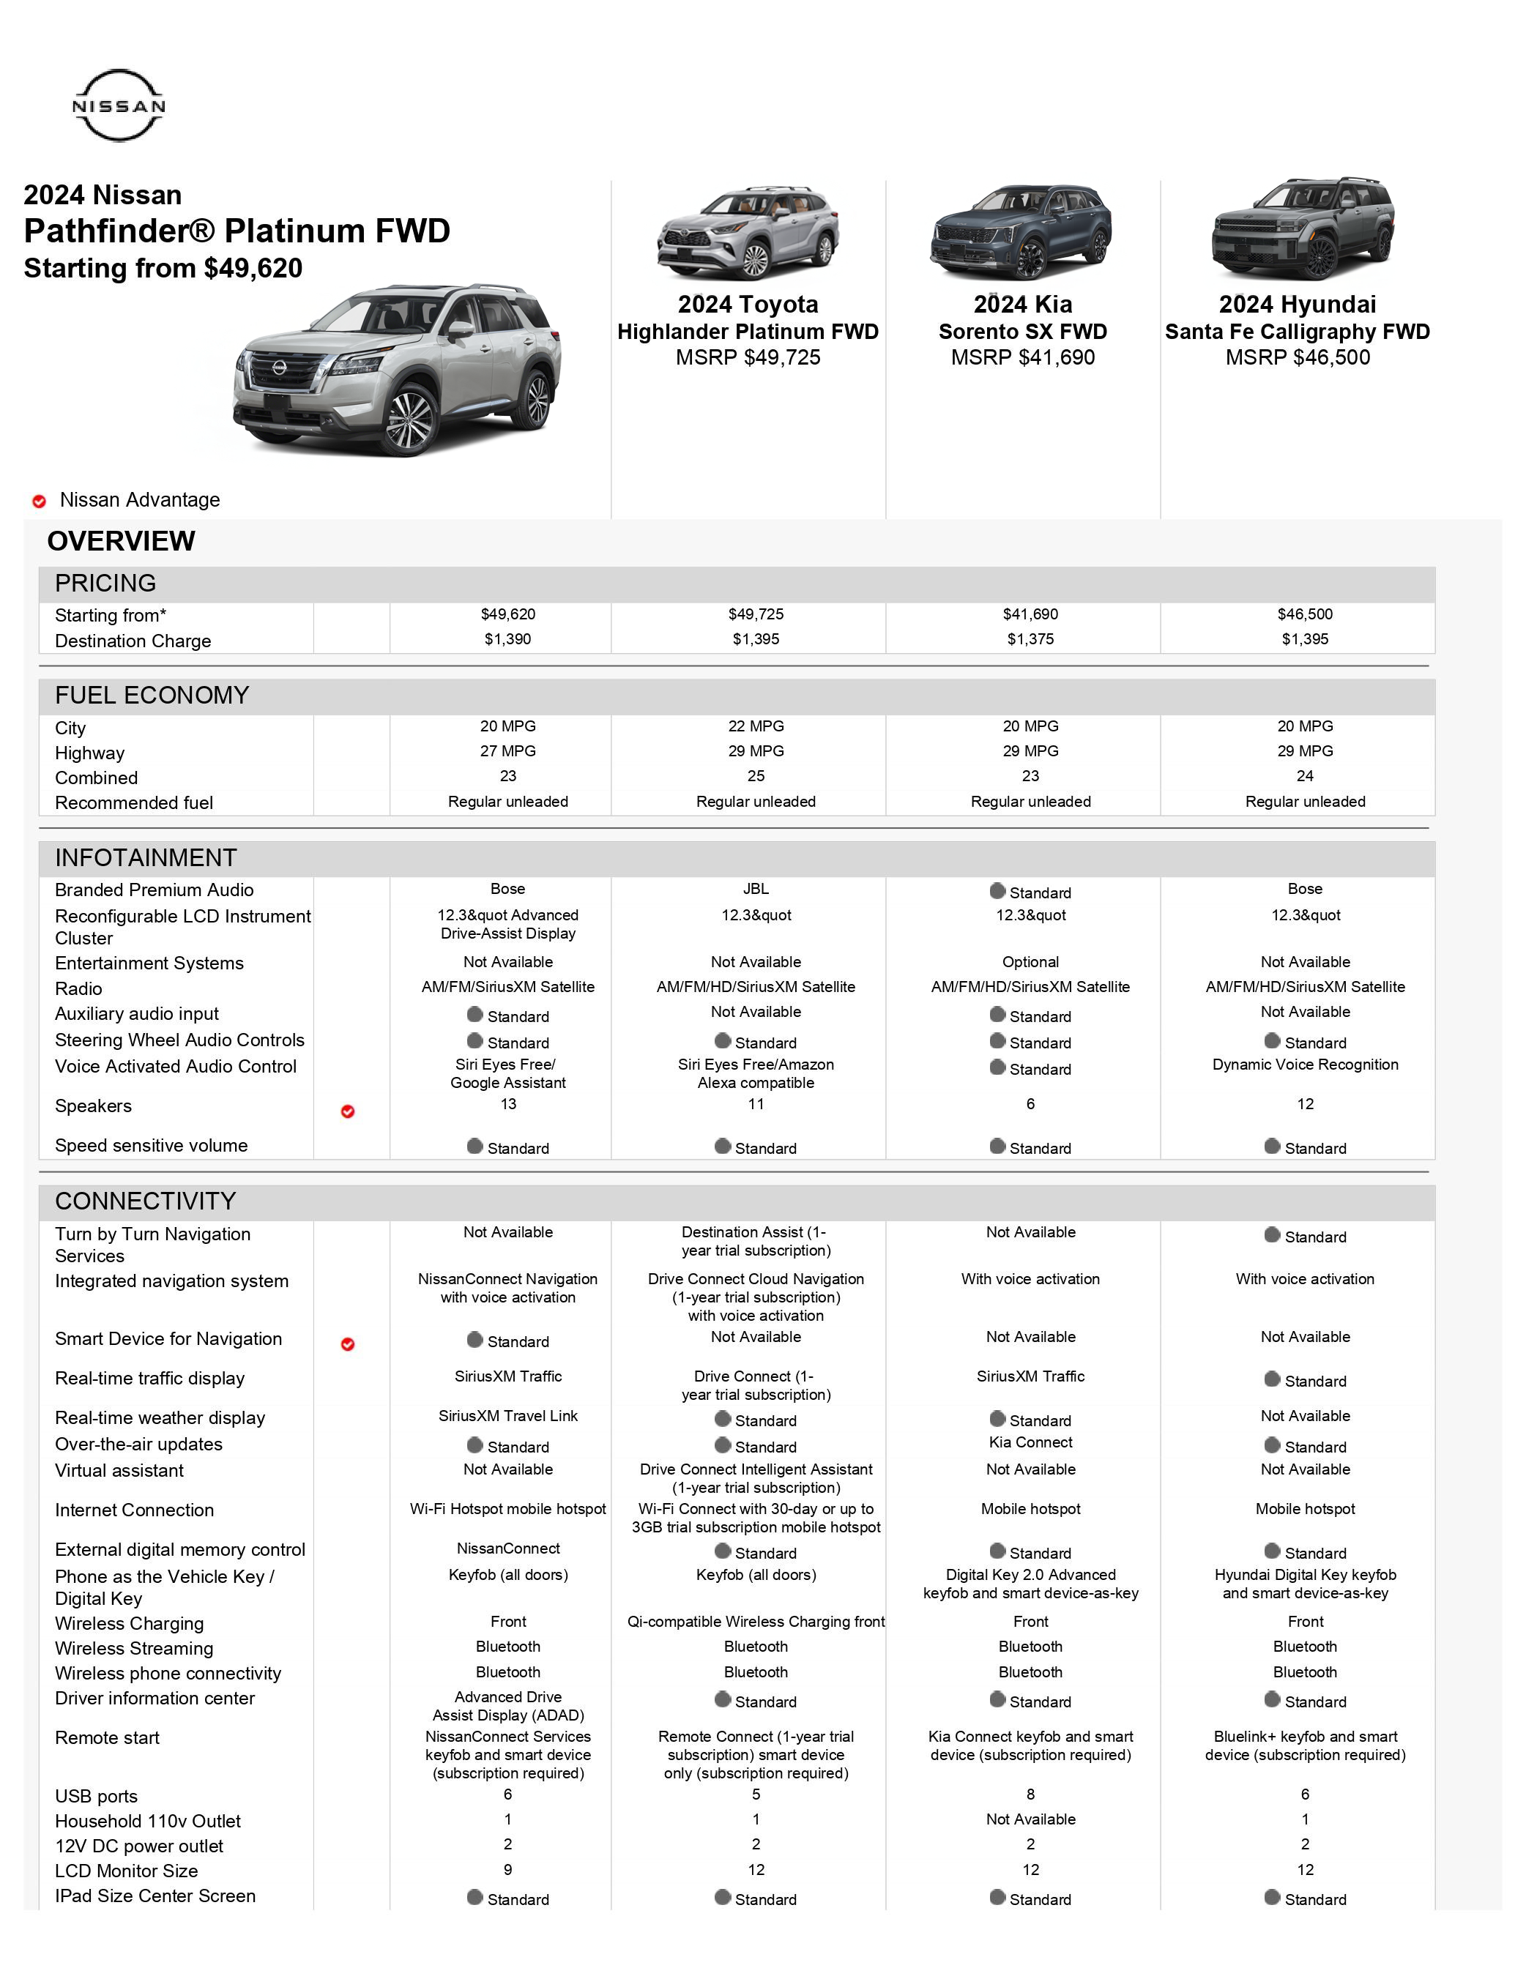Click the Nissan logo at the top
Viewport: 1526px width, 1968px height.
click(x=118, y=105)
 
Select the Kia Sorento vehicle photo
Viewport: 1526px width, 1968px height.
click(x=1021, y=231)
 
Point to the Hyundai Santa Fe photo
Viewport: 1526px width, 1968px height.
click(x=1303, y=230)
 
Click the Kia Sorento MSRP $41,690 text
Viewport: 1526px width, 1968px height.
click(x=1022, y=358)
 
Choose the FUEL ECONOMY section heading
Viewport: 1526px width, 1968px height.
click(x=152, y=696)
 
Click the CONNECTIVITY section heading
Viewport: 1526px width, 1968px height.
click(x=145, y=1201)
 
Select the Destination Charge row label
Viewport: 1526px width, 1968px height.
click(x=133, y=641)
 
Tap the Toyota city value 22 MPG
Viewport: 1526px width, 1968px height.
click(x=756, y=726)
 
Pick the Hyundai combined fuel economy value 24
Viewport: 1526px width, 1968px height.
click(x=1304, y=776)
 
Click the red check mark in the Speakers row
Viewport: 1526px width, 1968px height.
click(x=348, y=1112)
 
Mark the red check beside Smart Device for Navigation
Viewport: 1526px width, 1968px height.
click(x=348, y=1344)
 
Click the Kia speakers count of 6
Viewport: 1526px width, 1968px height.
click(x=1030, y=1104)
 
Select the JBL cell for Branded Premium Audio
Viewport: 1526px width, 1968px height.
click(x=756, y=890)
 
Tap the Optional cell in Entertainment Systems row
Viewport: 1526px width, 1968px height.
click(x=1030, y=962)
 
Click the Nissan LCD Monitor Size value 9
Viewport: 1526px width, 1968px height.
click(x=507, y=1870)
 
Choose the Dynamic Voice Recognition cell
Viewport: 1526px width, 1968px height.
click(x=1304, y=1065)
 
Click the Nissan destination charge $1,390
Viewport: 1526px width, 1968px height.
click(x=507, y=639)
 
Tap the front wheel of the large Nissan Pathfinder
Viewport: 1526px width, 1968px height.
click(x=411, y=420)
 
